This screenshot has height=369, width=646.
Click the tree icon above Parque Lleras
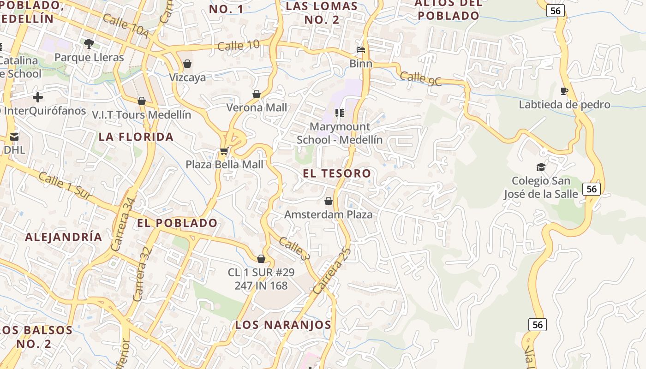(89, 44)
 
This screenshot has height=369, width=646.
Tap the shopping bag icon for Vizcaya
(187, 64)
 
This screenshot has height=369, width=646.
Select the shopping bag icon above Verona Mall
(257, 94)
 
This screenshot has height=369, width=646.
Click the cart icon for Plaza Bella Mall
(224, 151)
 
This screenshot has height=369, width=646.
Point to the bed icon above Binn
(361, 50)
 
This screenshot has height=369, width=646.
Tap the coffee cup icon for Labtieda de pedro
(564, 91)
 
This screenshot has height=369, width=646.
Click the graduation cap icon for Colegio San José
(541, 167)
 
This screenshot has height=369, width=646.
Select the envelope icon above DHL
(14, 137)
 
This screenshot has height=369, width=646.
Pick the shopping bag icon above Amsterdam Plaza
(329, 201)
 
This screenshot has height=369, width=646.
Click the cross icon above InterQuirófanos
(38, 97)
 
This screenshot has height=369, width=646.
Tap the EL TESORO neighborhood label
(337, 173)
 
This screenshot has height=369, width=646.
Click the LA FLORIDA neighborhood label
(136, 137)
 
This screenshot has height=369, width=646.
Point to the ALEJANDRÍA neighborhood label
(64, 237)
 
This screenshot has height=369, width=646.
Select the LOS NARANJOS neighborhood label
(283, 325)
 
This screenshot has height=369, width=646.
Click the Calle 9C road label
(421, 78)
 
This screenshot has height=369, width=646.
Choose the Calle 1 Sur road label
(65, 186)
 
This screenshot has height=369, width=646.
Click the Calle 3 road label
(293, 249)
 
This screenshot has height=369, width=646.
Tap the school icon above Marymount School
(340, 113)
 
